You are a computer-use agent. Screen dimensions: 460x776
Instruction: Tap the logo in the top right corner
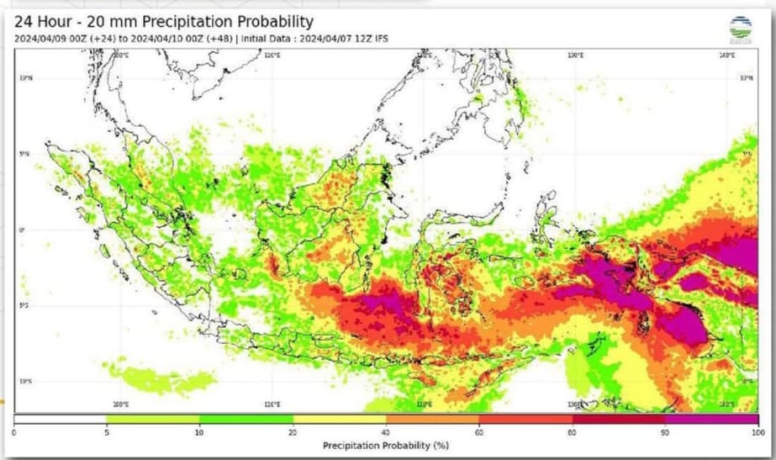click(x=741, y=28)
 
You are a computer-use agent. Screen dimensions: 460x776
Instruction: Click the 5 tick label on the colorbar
click(x=107, y=431)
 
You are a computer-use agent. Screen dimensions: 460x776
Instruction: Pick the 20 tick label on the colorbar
click(x=293, y=431)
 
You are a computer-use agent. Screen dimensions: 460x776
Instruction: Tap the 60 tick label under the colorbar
click(x=479, y=431)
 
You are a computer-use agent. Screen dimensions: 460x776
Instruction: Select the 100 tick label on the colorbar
click(x=758, y=431)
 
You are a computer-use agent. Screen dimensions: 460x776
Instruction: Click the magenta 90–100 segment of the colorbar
click(x=711, y=419)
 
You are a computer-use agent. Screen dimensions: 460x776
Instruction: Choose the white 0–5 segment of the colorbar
click(x=61, y=419)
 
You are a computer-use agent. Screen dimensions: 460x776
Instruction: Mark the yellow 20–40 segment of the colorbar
click(x=340, y=419)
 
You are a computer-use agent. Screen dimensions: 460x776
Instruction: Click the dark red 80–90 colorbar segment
click(x=618, y=419)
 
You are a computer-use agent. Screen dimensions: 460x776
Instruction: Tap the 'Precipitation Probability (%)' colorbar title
click(x=386, y=443)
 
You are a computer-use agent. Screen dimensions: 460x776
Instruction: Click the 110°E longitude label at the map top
click(x=272, y=56)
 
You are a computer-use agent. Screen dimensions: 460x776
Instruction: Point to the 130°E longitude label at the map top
click(x=575, y=56)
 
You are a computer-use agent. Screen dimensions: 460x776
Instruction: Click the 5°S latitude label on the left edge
click(x=24, y=305)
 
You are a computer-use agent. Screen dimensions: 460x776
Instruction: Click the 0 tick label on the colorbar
click(x=14, y=431)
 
